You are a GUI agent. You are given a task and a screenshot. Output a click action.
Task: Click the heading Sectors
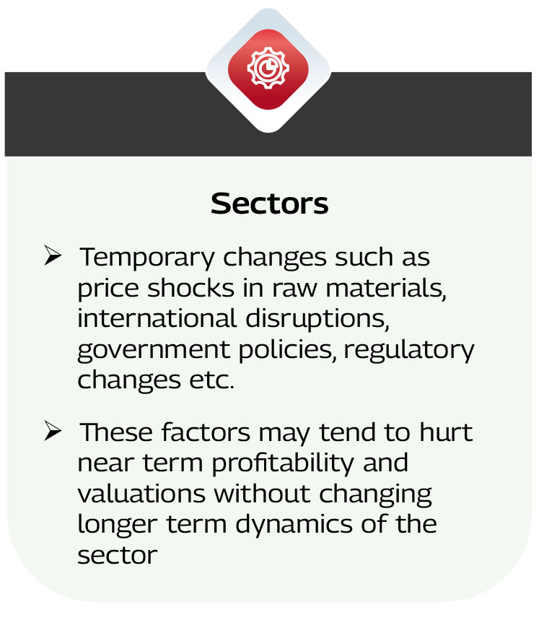tap(270, 204)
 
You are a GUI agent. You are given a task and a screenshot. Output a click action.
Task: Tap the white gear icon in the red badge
tap(268, 68)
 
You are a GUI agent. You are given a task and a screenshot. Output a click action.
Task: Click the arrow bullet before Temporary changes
tap(53, 256)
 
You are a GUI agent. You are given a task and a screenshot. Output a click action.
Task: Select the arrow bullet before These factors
tap(53, 431)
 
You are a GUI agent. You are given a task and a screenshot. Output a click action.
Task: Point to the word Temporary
tap(147, 258)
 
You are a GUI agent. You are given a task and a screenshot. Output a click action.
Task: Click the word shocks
tap(191, 287)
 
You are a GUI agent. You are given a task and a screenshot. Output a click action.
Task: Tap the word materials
tap(386, 288)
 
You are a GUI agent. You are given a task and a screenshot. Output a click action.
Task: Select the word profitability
tap(283, 464)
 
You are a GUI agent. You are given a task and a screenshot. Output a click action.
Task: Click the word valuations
tap(141, 494)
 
